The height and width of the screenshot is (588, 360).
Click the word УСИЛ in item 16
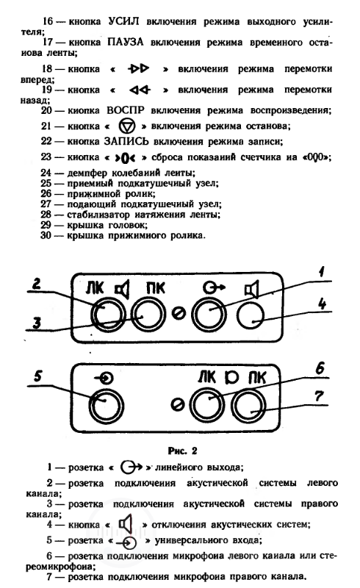coord(123,21)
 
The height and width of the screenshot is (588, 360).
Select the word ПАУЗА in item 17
coord(126,42)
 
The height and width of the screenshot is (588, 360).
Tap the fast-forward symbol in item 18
coord(138,68)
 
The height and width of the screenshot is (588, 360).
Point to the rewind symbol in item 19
coord(140,90)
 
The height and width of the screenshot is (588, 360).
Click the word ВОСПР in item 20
coord(126,110)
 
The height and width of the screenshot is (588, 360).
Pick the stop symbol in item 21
coord(127,126)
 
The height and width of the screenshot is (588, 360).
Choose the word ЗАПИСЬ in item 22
coord(126,141)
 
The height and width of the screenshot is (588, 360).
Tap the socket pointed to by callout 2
coord(108,315)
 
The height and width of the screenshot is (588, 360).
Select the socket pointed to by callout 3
coord(148,315)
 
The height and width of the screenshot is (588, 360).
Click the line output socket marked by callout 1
coord(209,315)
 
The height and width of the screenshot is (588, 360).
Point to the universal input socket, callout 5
coord(106,406)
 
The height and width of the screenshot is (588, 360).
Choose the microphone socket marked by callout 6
coord(207,405)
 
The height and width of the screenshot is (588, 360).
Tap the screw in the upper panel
coord(179,314)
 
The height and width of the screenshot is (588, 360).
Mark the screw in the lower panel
coord(177,405)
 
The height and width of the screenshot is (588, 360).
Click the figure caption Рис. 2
coord(183,451)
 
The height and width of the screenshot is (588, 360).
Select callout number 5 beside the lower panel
coord(38,376)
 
